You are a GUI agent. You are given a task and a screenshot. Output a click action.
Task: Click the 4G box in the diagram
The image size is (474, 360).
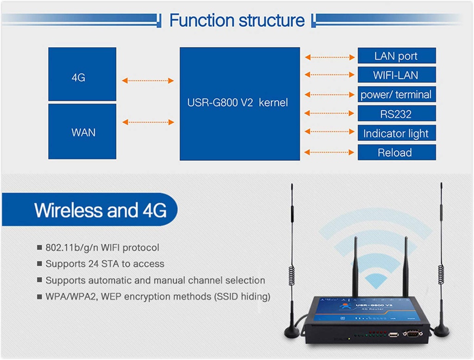82,74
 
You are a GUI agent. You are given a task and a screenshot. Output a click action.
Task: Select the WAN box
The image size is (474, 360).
82,132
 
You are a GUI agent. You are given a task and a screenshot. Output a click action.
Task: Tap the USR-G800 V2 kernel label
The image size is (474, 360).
237,103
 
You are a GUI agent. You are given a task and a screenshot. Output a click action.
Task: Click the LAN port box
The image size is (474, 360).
396,56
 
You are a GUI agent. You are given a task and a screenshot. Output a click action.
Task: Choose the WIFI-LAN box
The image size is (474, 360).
396,75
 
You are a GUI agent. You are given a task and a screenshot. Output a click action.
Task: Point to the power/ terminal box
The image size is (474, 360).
396,94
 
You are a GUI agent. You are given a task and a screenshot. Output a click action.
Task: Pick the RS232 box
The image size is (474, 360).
396,114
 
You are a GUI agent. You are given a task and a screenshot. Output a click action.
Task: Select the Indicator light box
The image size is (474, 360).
396,133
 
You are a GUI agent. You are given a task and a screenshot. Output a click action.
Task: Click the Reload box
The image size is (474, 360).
396,152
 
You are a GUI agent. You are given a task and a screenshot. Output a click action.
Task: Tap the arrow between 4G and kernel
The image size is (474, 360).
148,81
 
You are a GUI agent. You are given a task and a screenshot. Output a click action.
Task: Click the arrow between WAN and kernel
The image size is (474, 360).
148,122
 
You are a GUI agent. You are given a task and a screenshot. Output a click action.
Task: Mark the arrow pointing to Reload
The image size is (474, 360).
329,152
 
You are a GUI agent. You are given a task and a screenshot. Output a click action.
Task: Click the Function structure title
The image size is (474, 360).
237,20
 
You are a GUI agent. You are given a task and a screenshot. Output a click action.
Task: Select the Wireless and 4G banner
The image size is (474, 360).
100,210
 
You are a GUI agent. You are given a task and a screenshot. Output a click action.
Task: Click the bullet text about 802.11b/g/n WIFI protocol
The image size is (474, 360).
102,248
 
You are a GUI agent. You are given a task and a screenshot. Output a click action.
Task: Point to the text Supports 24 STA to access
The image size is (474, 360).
105,264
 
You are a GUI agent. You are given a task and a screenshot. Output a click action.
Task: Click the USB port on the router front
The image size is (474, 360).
393,335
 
